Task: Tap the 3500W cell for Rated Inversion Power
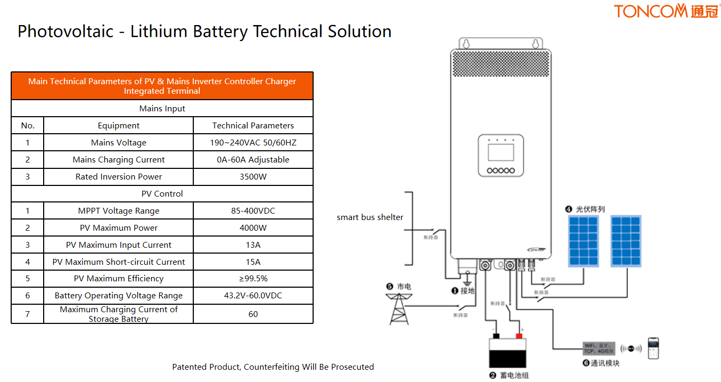[253, 177]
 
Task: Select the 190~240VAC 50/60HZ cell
[253, 143]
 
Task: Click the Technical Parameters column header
[253, 126]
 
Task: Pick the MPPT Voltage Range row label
[119, 211]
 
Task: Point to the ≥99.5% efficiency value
[253, 279]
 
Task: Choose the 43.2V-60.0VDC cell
[253, 296]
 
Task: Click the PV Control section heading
[162, 194]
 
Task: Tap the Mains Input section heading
[162, 109]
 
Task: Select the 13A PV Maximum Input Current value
[253, 245]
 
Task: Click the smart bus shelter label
[370, 217]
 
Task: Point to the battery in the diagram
[507, 352]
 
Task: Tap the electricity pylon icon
[399, 309]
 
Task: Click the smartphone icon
[653, 348]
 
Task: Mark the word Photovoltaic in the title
[65, 31]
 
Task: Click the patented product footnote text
[273, 367]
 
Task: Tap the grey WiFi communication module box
[599, 349]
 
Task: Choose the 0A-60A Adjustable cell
[253, 160]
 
